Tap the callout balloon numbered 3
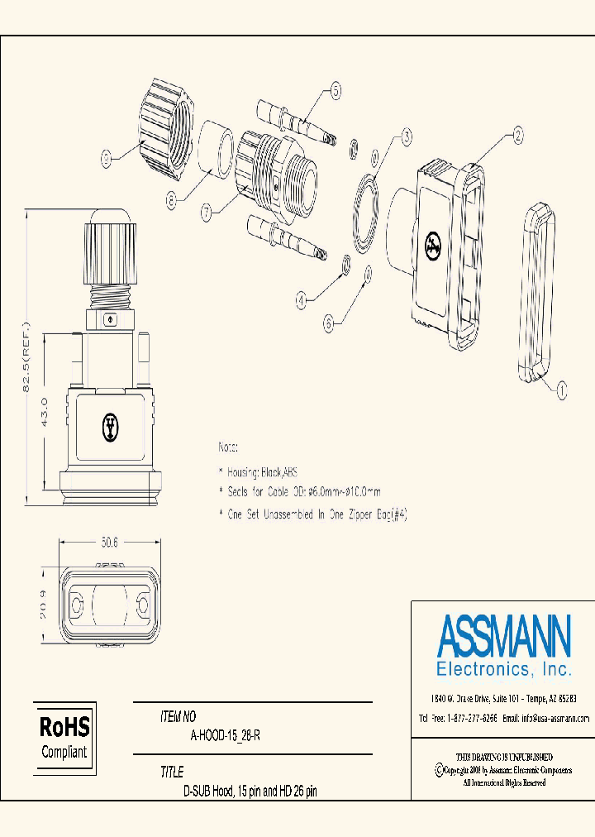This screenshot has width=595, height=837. pyautogui.click(x=407, y=136)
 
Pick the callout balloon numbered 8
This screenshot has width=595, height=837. pyautogui.click(x=171, y=198)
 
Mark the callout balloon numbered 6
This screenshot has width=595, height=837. pyautogui.click(x=328, y=324)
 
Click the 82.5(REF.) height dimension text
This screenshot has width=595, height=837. pyautogui.click(x=26, y=356)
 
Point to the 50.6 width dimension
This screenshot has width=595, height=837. pyautogui.click(x=110, y=543)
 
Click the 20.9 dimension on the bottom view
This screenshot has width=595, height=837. pyautogui.click(x=46, y=605)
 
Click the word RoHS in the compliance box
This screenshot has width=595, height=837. pyautogui.click(x=64, y=727)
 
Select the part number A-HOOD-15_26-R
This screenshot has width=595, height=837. pyautogui.click(x=226, y=735)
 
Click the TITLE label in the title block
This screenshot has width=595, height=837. pyautogui.click(x=172, y=772)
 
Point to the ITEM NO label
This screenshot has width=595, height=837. pyautogui.click(x=178, y=717)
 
